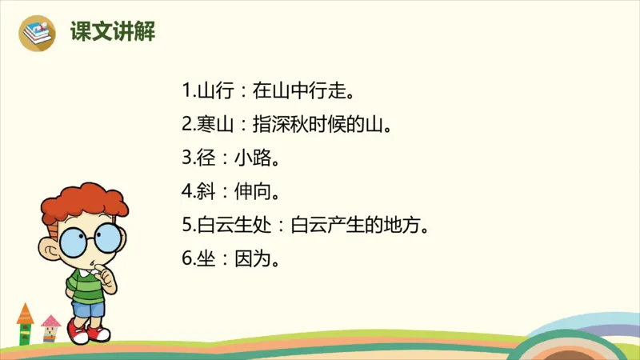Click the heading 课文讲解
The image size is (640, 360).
(112, 32)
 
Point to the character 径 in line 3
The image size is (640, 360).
(206, 158)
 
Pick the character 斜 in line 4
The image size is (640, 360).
(206, 192)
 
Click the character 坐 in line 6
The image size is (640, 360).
(206, 259)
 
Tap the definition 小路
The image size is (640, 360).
(251, 158)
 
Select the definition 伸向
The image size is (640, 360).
(251, 192)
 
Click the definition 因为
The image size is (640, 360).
(251, 259)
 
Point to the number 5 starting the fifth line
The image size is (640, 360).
(186, 226)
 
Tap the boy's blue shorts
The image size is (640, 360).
(89, 307)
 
